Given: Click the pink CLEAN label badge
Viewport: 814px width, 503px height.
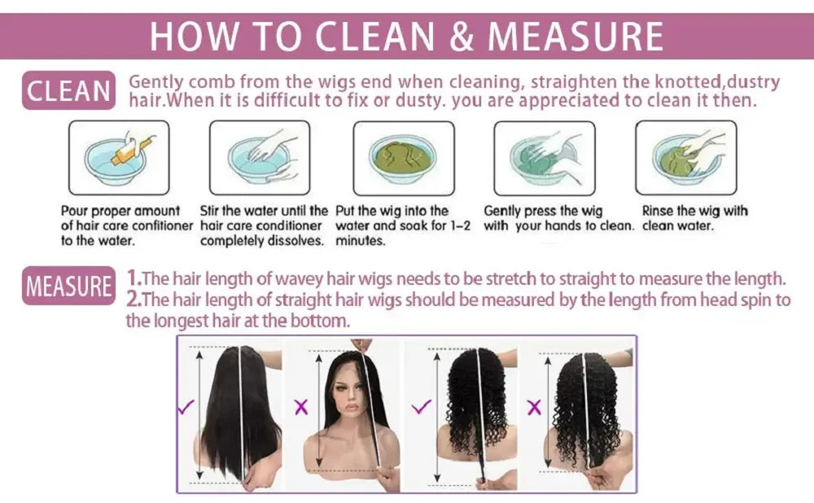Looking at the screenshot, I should pyautogui.click(x=69, y=91).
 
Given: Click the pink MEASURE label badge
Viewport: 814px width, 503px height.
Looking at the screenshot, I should pyautogui.click(x=69, y=286).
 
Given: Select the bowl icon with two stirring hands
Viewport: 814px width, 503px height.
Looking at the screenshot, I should pyautogui.click(x=260, y=157).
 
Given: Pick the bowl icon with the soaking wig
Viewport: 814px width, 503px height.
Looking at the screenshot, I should pyautogui.click(x=403, y=157).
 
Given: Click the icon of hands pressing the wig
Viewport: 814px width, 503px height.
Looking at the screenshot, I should pyautogui.click(x=544, y=157).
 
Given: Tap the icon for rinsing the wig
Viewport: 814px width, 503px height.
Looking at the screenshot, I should pyautogui.click(x=685, y=157).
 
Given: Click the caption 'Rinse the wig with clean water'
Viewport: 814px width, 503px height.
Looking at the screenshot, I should pyautogui.click(x=694, y=218).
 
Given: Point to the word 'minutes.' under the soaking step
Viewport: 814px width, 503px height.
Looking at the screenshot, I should pyautogui.click(x=360, y=241).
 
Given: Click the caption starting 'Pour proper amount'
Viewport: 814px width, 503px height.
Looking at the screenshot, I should pyautogui.click(x=127, y=225).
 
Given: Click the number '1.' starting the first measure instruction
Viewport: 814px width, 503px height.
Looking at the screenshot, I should pyautogui.click(x=134, y=277).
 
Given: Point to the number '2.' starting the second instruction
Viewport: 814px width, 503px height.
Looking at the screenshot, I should pyautogui.click(x=135, y=299).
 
